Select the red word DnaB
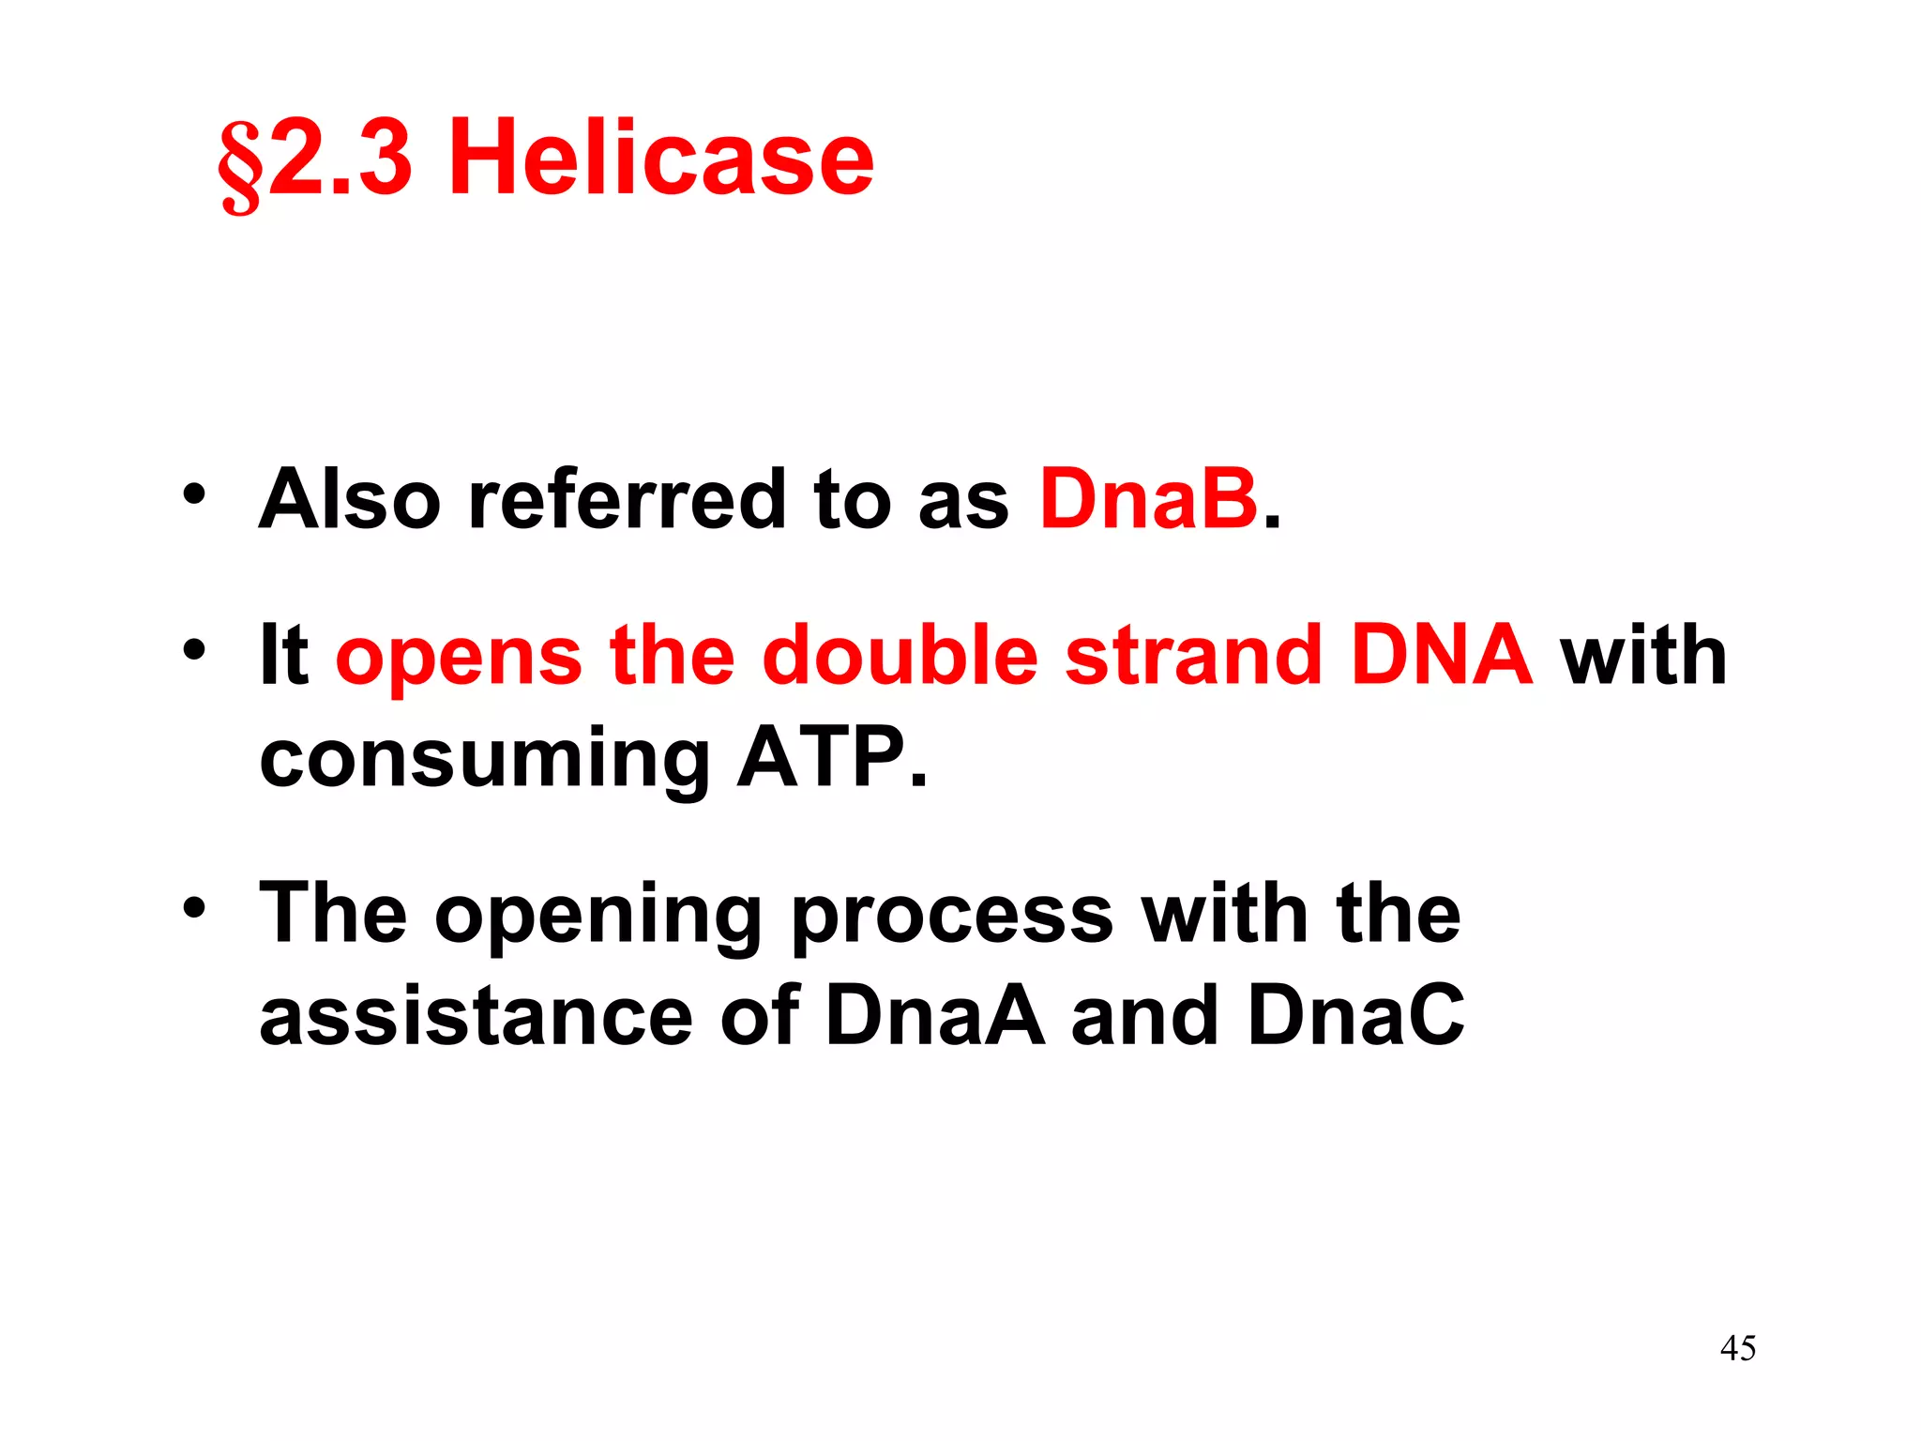[x=1148, y=499]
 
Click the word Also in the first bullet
[x=349, y=499]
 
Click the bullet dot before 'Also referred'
[x=194, y=493]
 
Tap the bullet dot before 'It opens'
[x=194, y=649]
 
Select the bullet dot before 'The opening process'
[x=194, y=907]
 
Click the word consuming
[x=484, y=760]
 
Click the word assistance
[x=476, y=1016]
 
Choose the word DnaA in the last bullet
[x=935, y=1016]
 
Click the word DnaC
[x=1355, y=1016]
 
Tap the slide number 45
[x=1738, y=1348]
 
